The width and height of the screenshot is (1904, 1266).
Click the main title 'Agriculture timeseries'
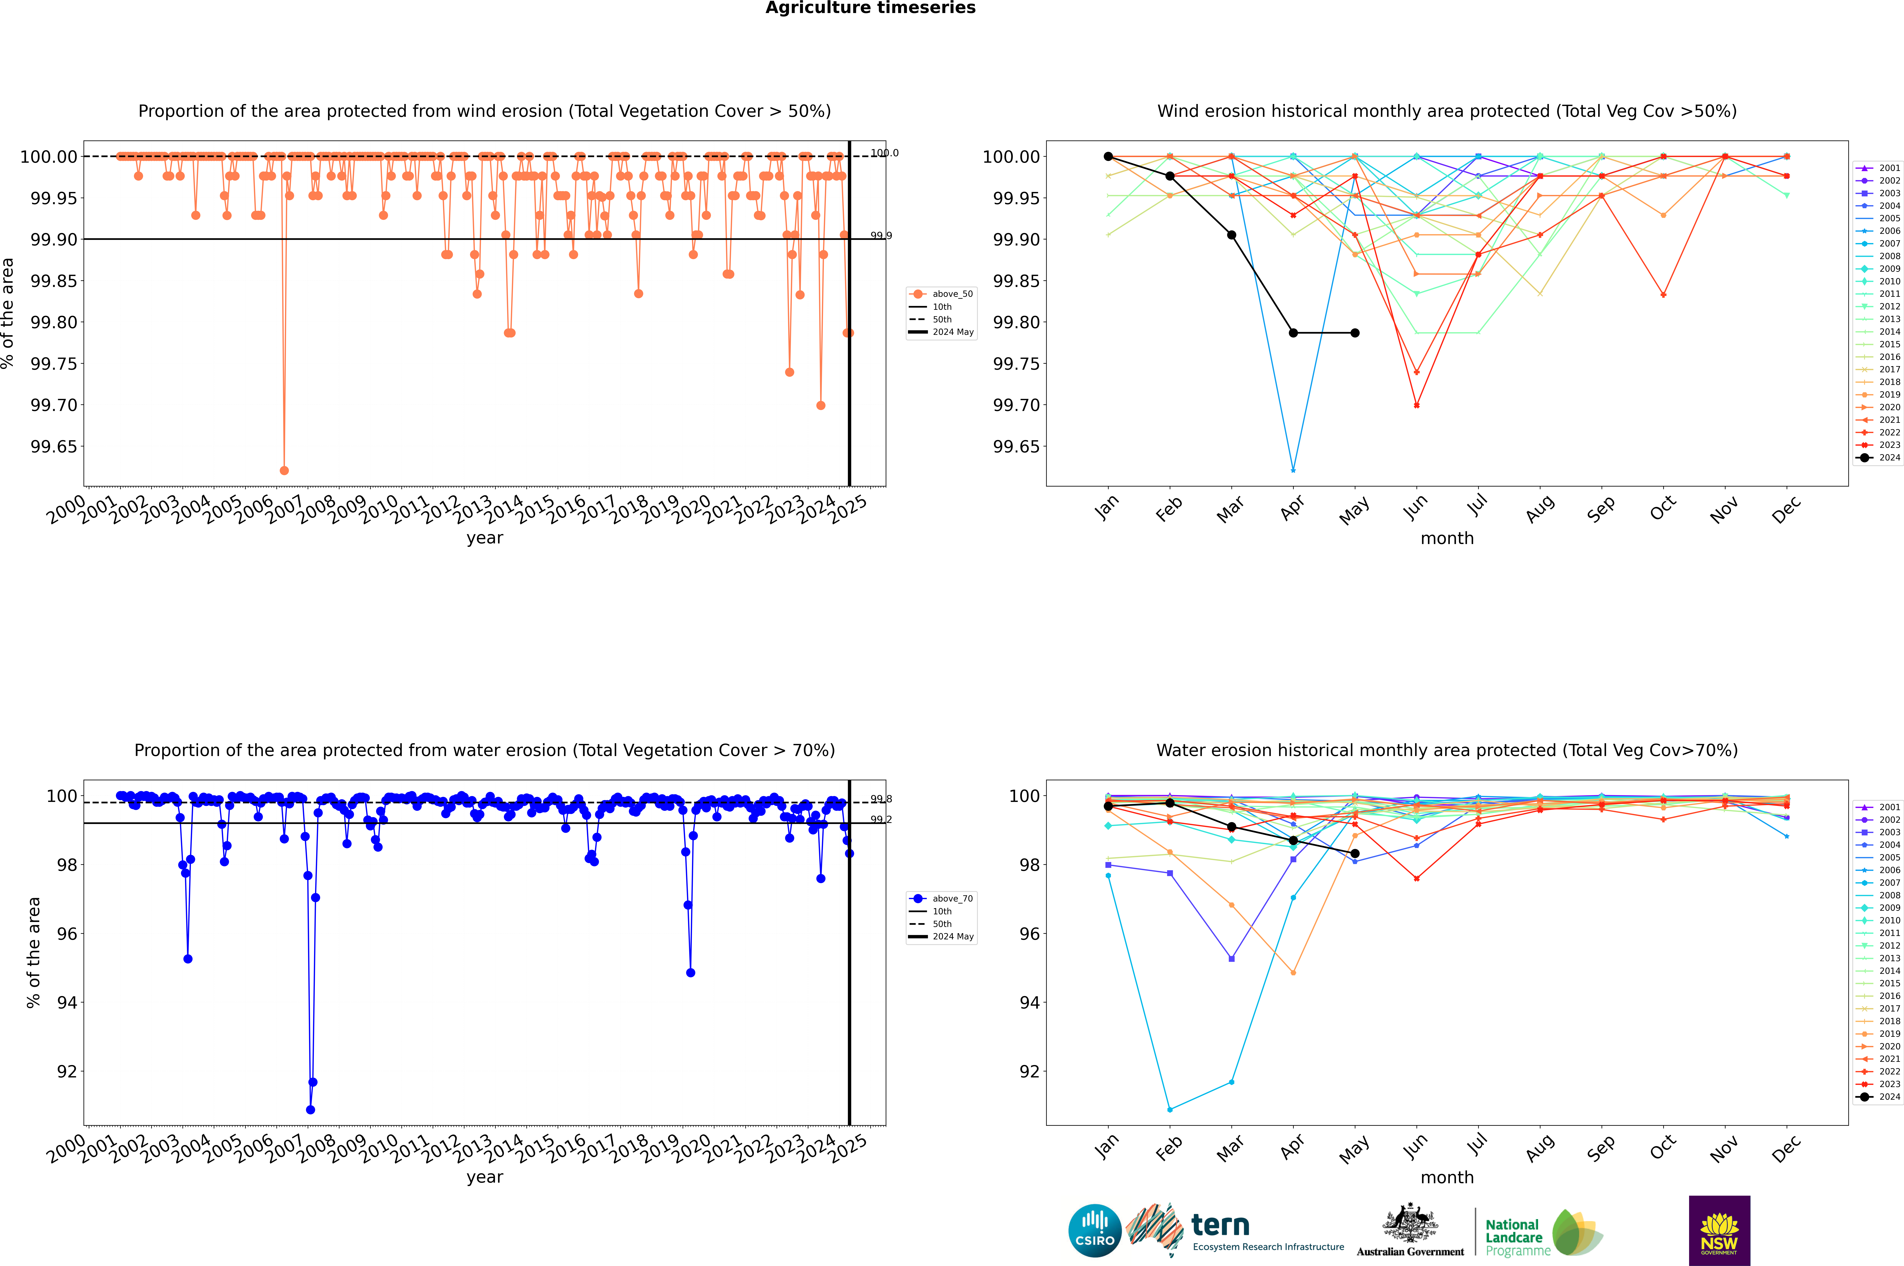coord(870,8)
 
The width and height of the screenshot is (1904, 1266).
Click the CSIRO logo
coord(1094,1231)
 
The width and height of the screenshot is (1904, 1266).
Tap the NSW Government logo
coord(1719,1231)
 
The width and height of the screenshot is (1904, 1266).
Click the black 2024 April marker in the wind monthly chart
coord(1293,333)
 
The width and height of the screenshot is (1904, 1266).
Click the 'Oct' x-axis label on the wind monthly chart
coord(1663,509)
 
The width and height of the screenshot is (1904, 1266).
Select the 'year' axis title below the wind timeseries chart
coord(484,538)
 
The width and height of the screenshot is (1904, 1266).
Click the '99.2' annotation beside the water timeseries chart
coord(880,820)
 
